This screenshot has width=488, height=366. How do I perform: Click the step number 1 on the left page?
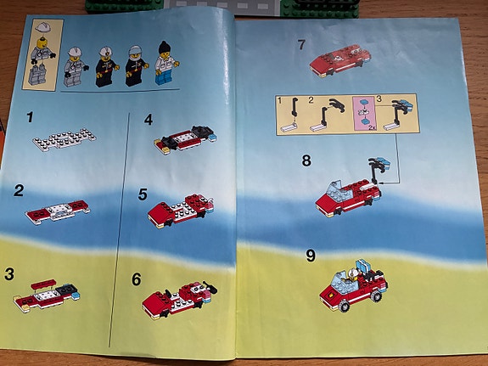tap(30, 118)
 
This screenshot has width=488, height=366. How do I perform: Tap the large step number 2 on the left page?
tap(19, 190)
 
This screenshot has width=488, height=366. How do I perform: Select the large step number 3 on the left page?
tap(9, 274)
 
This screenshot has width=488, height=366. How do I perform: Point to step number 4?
tap(149, 120)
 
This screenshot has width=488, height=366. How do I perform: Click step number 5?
tap(143, 194)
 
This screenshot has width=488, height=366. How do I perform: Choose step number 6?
tap(137, 279)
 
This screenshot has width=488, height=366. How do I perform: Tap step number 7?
tap(301, 44)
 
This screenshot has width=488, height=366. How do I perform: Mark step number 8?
tap(306, 160)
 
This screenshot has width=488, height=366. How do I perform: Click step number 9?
tap(311, 256)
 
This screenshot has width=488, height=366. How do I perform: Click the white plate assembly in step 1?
tap(65, 140)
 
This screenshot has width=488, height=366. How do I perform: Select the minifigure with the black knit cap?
tap(166, 63)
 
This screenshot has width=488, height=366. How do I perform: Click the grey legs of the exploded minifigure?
tap(37, 75)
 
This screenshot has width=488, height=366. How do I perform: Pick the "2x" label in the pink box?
tap(371, 128)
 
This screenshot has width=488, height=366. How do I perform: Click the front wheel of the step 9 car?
tap(344, 306)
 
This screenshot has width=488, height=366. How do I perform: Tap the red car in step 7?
tap(340, 61)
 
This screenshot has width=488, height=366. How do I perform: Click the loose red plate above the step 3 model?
tap(43, 284)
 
